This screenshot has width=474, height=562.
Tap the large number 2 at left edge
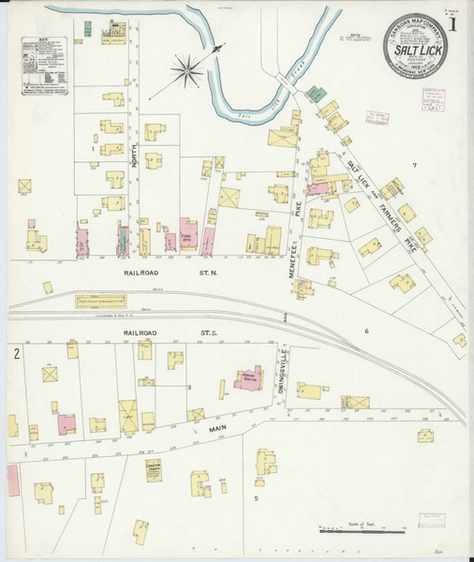coord(17,353)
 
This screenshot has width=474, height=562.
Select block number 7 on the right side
coord(413,166)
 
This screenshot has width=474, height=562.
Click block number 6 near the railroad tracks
coord(366,332)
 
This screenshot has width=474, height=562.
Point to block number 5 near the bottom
coord(255,498)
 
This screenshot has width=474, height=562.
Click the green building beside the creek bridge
coord(318,95)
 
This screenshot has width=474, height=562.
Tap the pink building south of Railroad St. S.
coord(248,379)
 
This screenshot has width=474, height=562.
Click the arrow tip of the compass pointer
coord(225,44)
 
